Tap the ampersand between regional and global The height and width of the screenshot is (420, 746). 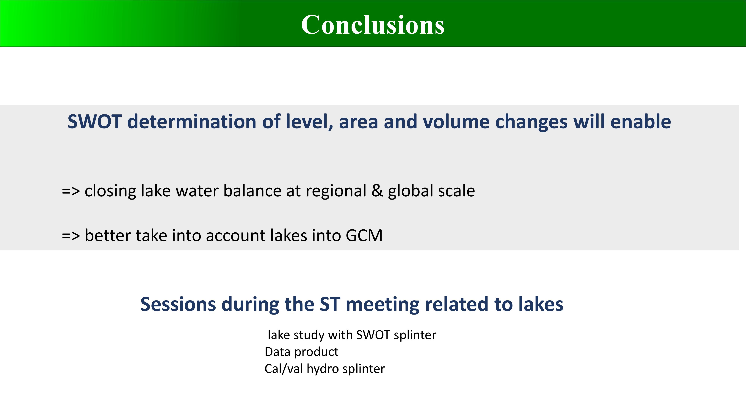[377, 191]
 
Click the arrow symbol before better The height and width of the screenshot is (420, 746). [71, 236]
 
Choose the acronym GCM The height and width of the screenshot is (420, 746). [364, 235]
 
